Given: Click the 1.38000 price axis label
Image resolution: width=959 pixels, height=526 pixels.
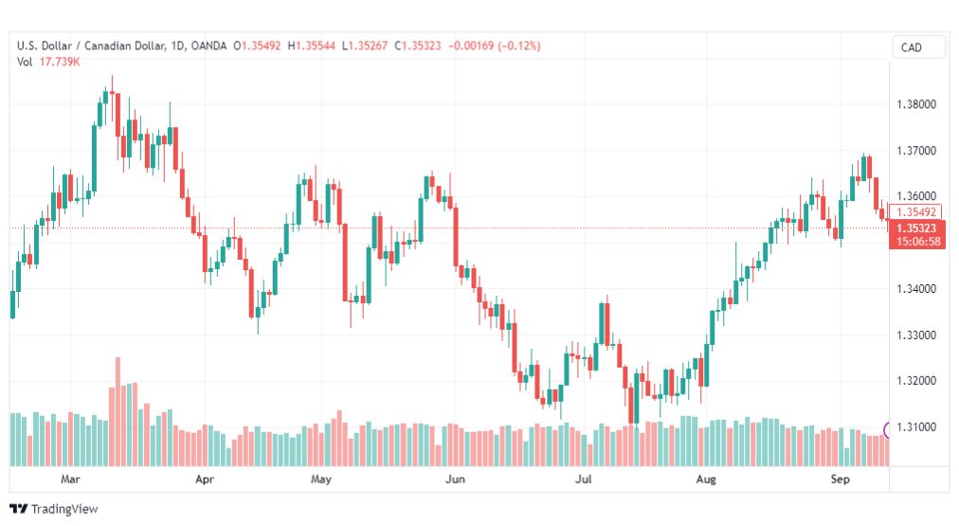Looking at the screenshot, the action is pyautogui.click(x=916, y=104).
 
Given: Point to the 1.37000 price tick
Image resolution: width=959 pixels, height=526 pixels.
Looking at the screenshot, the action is pyautogui.click(x=916, y=151).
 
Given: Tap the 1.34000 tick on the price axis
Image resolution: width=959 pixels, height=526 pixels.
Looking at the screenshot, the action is pyautogui.click(x=916, y=289).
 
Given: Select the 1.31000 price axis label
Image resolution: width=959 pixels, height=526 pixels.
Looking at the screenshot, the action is pyautogui.click(x=916, y=426).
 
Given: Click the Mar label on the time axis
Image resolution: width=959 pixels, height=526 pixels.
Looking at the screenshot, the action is pyautogui.click(x=70, y=479).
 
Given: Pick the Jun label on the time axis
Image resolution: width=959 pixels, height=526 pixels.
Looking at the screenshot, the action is pyautogui.click(x=455, y=479).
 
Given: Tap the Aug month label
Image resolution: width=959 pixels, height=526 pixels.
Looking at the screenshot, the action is pyautogui.click(x=706, y=479).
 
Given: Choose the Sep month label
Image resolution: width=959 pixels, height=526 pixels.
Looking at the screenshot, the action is pyautogui.click(x=840, y=479).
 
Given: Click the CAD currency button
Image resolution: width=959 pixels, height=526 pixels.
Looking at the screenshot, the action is pyautogui.click(x=912, y=47).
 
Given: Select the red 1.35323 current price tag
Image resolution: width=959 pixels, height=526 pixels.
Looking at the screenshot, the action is pyautogui.click(x=916, y=228).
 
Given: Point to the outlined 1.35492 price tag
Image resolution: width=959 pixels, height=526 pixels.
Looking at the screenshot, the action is pyautogui.click(x=916, y=212).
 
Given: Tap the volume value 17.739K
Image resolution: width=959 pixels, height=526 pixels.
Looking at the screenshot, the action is pyautogui.click(x=60, y=62).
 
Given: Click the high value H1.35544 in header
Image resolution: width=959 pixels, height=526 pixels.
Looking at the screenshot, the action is pyautogui.click(x=312, y=45).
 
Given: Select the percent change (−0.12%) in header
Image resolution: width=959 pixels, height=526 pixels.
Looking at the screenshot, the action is pyautogui.click(x=519, y=45).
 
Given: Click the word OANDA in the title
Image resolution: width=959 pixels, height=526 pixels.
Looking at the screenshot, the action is pyautogui.click(x=208, y=45).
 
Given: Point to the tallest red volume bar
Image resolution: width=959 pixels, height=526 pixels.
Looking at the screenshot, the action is pyautogui.click(x=118, y=411).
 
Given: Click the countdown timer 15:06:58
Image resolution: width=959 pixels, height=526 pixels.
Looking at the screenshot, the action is pyautogui.click(x=918, y=242).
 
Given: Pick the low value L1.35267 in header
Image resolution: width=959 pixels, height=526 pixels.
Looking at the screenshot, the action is pyautogui.click(x=365, y=45).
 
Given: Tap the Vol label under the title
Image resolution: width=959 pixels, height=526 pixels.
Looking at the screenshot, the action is pyautogui.click(x=25, y=62).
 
